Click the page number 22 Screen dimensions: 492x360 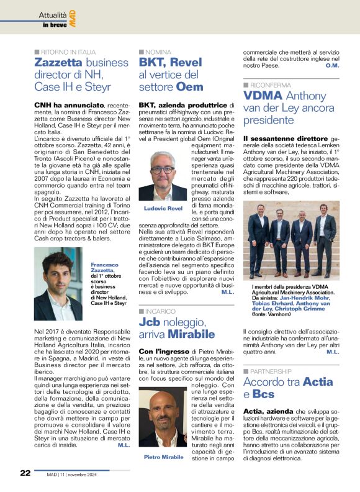[25, 473]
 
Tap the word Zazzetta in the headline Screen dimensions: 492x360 [59, 63]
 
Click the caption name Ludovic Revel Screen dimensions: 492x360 [162, 208]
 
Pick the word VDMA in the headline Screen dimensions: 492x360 [266, 96]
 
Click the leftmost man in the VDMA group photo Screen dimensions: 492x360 [258, 237]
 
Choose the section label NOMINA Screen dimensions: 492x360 [158, 52]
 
